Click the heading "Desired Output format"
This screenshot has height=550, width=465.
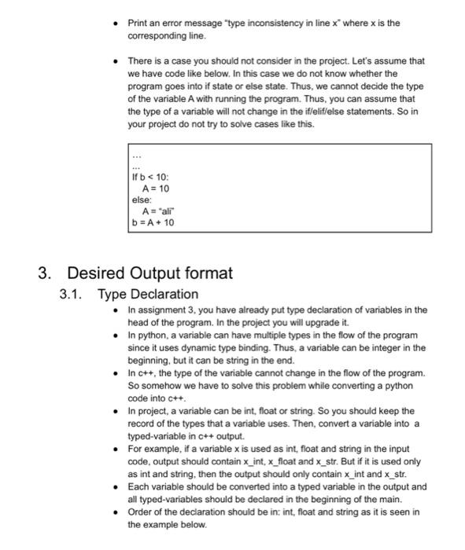[x=149, y=273]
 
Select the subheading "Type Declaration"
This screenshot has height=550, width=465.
[x=148, y=294]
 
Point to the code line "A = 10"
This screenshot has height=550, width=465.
[x=155, y=189]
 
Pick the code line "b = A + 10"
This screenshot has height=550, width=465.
[x=154, y=222]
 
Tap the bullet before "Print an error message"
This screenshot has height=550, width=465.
[x=116, y=23]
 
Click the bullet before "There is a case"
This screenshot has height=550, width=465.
[x=116, y=60]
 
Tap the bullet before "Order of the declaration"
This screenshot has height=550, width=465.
[x=116, y=513]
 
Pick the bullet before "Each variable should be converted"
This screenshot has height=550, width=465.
[x=116, y=486]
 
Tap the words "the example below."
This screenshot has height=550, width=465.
[x=164, y=524]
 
